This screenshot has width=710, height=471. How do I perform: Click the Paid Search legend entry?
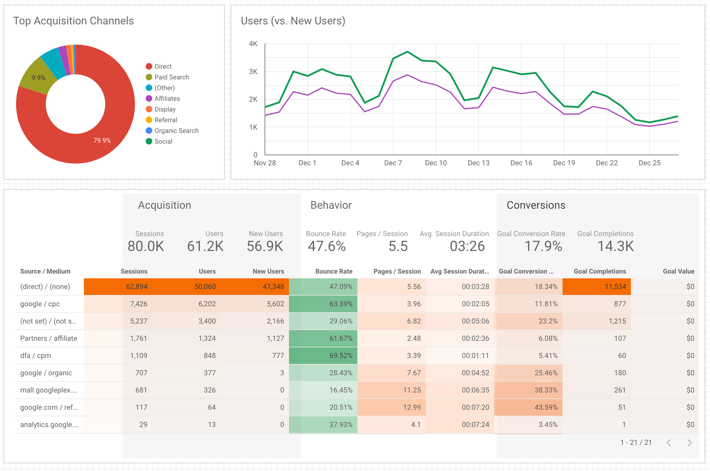pos(171,77)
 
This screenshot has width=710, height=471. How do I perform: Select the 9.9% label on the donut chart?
pos(38,78)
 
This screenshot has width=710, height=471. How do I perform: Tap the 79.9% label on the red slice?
pos(102,141)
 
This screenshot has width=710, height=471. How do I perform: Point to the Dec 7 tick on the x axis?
pos(393,163)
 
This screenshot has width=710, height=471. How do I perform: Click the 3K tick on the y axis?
pos(253,72)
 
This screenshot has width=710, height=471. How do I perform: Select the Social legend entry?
pos(163,142)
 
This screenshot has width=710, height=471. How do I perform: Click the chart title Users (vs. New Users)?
pos(293,21)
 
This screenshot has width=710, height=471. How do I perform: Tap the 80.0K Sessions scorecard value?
pos(146,246)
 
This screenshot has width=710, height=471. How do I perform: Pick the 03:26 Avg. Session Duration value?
pos(467,246)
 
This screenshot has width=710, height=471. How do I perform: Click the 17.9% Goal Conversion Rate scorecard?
pos(543,246)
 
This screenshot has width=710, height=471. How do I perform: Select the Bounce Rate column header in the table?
pos(333,271)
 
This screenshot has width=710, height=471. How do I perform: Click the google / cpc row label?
pos(40,304)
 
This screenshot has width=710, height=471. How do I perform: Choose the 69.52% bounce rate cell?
pos(341,356)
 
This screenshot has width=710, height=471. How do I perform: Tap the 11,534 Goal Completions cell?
pos(615,287)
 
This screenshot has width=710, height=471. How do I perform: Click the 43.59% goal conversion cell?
pos(546,407)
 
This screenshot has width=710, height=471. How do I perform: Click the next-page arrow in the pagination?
pos(689,442)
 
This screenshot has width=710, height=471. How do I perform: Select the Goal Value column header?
pos(678,271)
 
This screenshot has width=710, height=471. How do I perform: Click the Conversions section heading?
pos(536,205)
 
